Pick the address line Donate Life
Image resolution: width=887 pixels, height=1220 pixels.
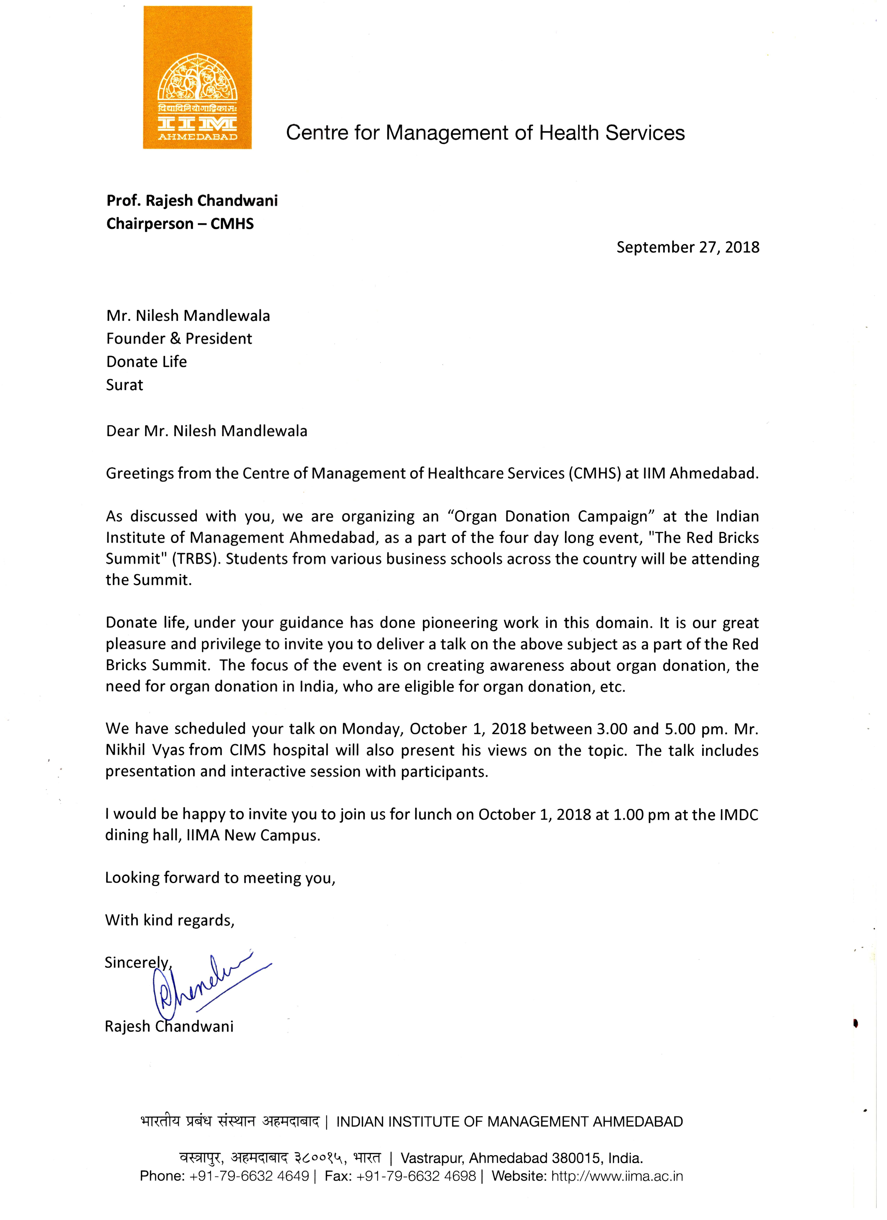pyautogui.click(x=146, y=361)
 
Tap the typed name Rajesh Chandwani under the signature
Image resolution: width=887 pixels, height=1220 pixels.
pyautogui.click(x=169, y=1026)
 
